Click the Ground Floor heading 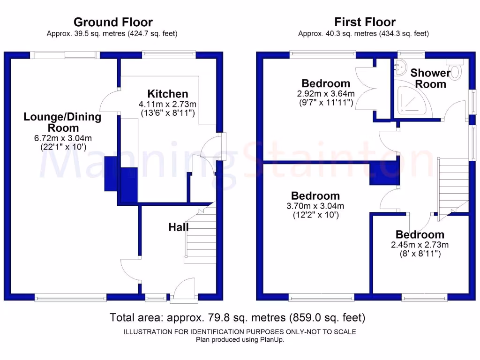pyautogui.click(x=112, y=22)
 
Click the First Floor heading pyautogui.click(x=365, y=22)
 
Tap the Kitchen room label pyautogui.click(x=167, y=94)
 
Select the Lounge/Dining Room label pyautogui.click(x=62, y=122)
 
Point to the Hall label pyautogui.click(x=179, y=227)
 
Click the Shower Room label pyautogui.click(x=430, y=79)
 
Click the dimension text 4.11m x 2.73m pyautogui.click(x=167, y=104)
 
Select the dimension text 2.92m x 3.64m pyautogui.click(x=326, y=94)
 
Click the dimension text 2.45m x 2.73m pyautogui.click(x=420, y=245)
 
